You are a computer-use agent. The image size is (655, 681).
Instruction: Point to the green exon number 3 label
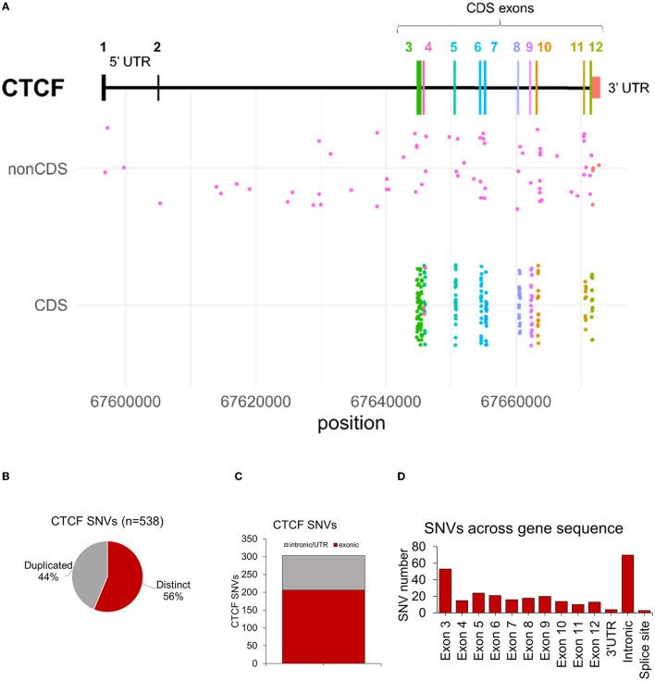pyautogui.click(x=409, y=46)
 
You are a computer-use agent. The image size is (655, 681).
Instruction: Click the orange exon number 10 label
pyautogui.click(x=543, y=46)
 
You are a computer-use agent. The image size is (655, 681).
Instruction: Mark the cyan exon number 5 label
pyautogui.click(x=453, y=46)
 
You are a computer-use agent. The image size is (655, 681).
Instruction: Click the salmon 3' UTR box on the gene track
pyautogui.click(x=597, y=87)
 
